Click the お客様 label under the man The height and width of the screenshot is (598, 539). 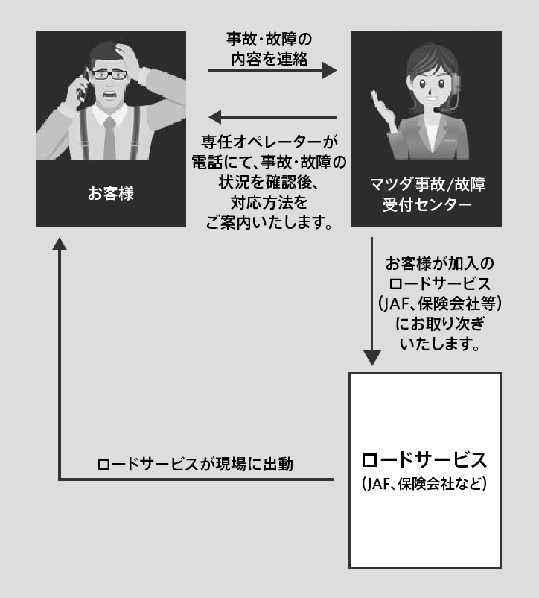tap(110, 195)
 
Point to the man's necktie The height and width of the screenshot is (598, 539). tap(109, 139)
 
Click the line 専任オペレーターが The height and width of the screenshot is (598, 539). tap(269, 141)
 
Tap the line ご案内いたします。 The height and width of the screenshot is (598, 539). tap(269, 222)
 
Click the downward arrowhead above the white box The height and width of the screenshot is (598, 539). tap(371, 356)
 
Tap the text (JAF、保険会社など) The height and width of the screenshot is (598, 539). tap(424, 484)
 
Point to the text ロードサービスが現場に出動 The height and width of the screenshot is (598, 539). tap(195, 464)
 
